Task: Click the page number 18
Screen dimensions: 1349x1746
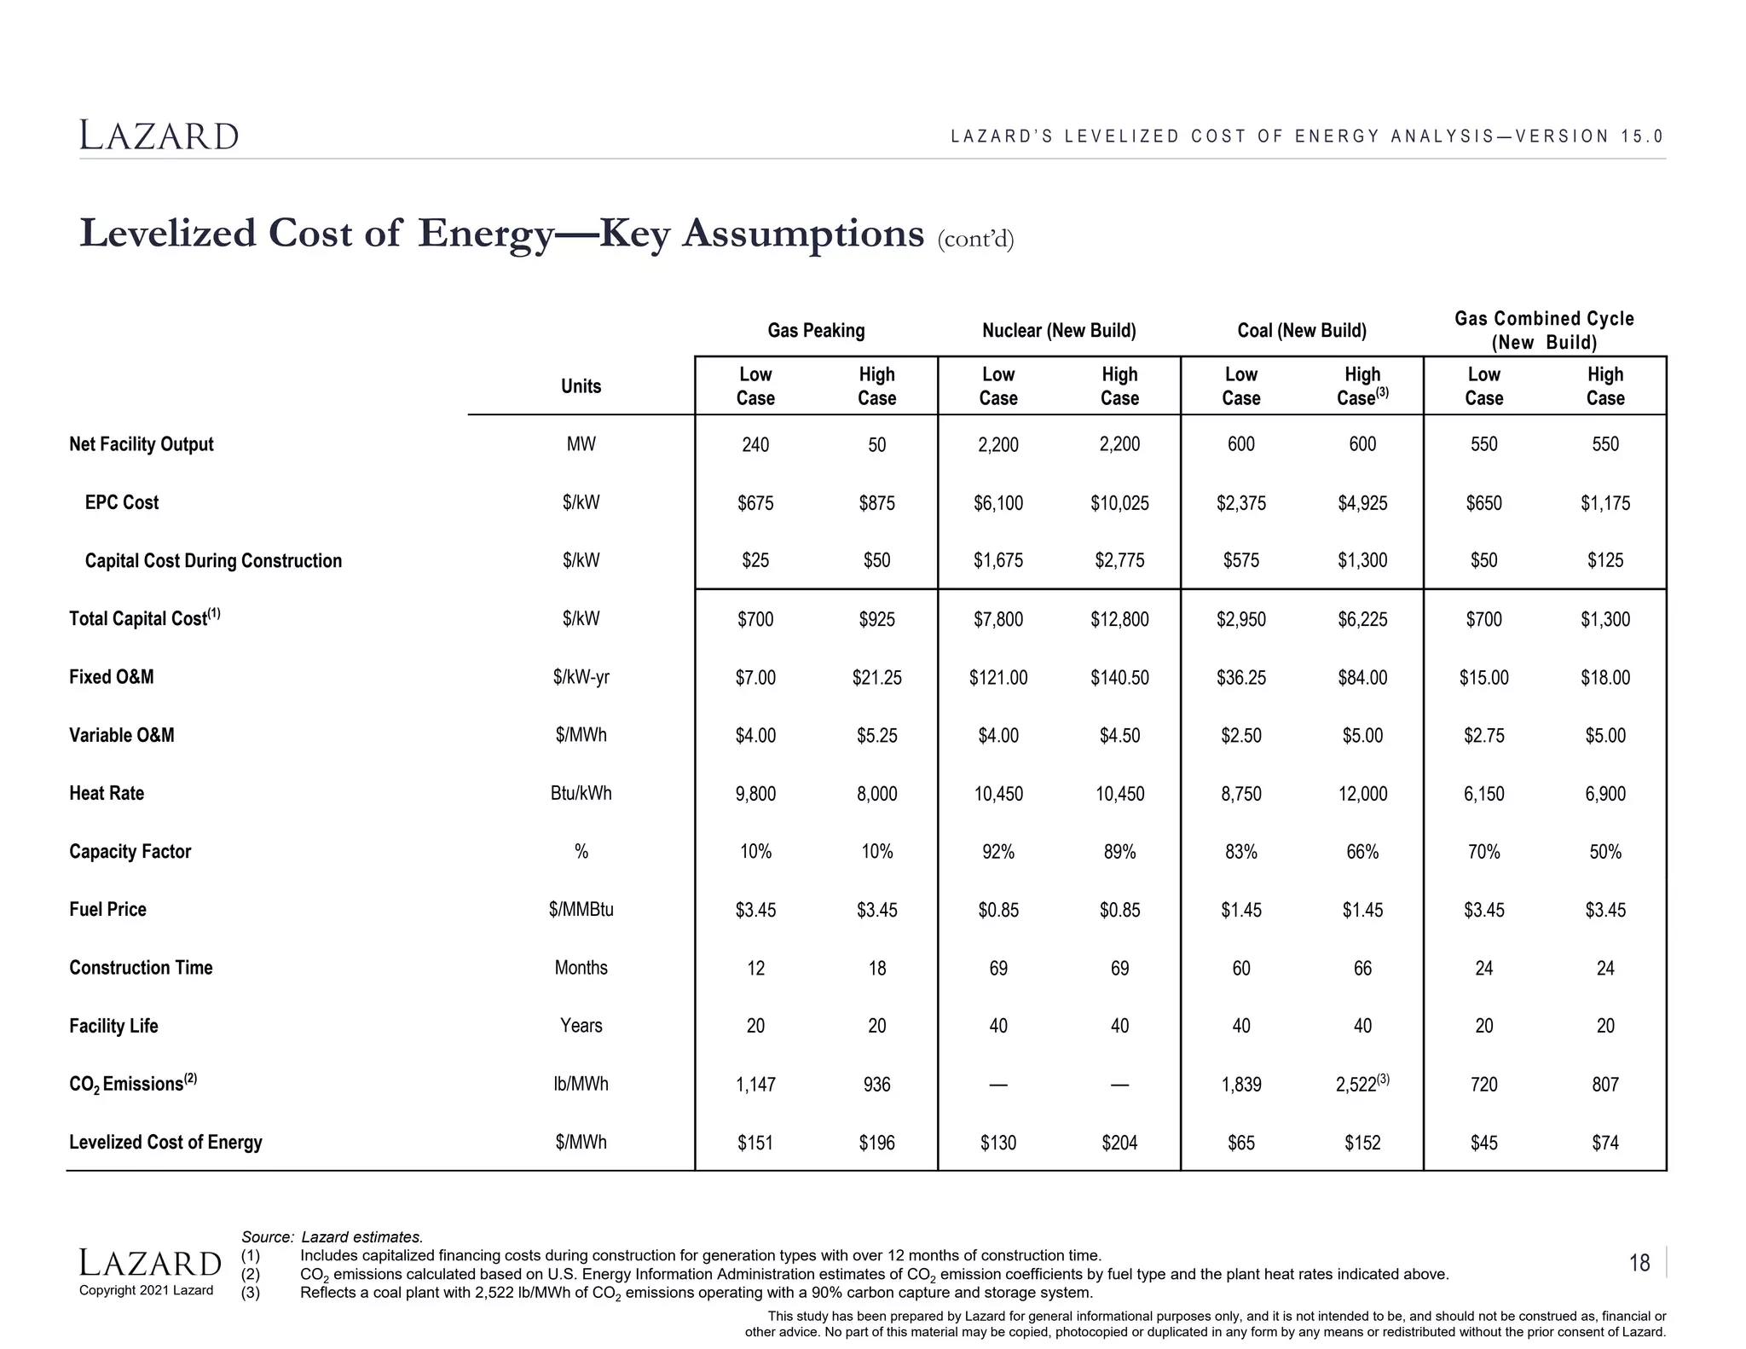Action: [x=1639, y=1263]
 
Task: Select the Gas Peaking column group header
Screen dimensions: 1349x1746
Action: [x=816, y=331]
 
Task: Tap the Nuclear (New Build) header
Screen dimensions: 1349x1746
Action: [x=1059, y=331]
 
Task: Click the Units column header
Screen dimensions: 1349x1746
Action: [x=581, y=386]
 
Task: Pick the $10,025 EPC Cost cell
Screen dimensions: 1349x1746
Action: [x=1119, y=503]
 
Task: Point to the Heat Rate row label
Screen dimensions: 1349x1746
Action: [x=107, y=793]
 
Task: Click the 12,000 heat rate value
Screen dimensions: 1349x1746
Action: [x=1362, y=794]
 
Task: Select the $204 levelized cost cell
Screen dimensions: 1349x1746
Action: [x=1119, y=1143]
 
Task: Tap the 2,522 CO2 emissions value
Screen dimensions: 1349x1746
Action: [x=1357, y=1084]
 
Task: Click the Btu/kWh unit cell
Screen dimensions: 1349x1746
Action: [x=581, y=793]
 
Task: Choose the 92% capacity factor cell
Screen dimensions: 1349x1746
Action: [x=997, y=852]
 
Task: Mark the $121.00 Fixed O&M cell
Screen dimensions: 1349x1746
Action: [x=997, y=678]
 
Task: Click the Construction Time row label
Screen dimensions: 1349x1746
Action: [x=141, y=968]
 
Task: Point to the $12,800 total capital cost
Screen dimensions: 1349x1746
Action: [x=1119, y=620]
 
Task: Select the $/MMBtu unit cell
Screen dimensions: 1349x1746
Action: [x=581, y=910]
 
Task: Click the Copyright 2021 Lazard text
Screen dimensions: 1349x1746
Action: [x=146, y=1290]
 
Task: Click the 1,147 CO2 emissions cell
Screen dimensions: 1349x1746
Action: [x=754, y=1085]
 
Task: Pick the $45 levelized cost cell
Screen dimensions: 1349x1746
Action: [x=1483, y=1143]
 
